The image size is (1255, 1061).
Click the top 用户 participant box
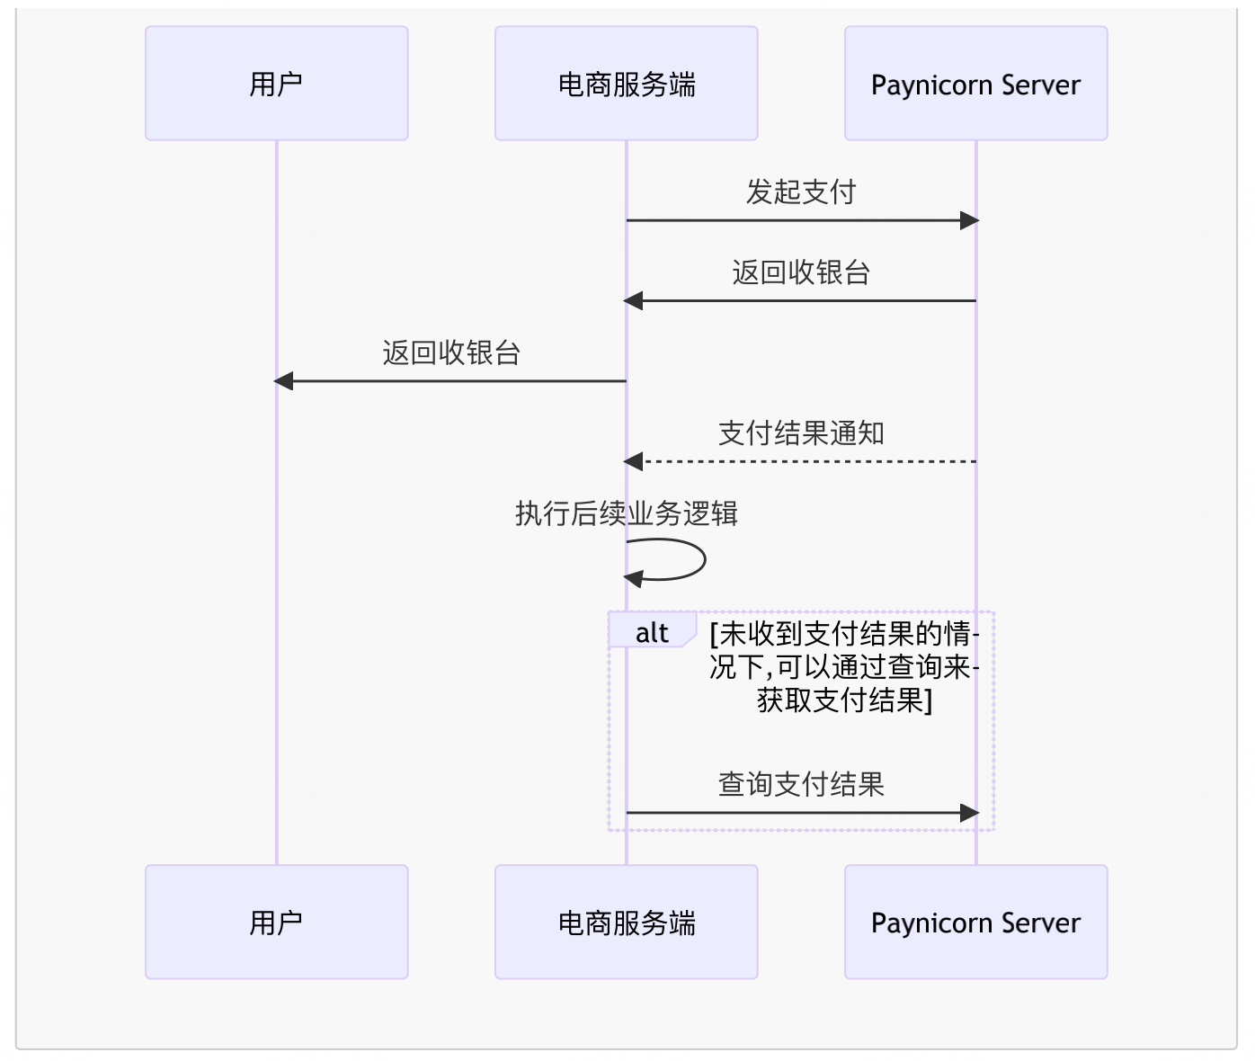[276, 84]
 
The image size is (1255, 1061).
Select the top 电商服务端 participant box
[626, 84]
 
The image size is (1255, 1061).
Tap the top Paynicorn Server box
[975, 84]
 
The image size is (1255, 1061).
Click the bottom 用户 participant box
[276, 922]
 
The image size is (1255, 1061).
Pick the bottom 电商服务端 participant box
[626, 922]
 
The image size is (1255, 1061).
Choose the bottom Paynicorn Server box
[975, 922]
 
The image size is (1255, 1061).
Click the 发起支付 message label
[800, 192]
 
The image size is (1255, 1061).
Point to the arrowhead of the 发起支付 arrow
[969, 220]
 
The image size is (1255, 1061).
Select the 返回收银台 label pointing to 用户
[451, 352]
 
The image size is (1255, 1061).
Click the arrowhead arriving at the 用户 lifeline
[283, 381]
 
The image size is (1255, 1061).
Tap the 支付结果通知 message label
[800, 433]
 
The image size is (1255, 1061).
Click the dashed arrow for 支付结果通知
[809, 461]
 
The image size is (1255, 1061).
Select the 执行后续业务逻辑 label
[626, 513]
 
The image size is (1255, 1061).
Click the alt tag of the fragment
[652, 633]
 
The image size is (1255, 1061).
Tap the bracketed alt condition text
[843, 666]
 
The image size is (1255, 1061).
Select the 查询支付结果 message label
[800, 784]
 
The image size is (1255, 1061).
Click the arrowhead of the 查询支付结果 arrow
[969, 813]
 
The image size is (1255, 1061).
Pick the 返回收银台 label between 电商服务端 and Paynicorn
[800, 272]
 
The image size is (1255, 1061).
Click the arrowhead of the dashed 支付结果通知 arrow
[634, 461]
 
